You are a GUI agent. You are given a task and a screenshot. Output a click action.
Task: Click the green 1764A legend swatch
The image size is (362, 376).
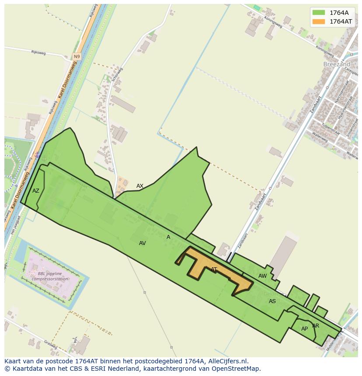pos(319,13)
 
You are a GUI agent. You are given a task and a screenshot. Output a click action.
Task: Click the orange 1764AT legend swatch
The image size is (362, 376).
pos(319,21)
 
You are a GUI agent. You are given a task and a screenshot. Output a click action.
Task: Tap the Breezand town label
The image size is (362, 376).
pos(337,64)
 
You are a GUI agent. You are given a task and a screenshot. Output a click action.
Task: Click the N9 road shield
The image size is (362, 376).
pos(77,57)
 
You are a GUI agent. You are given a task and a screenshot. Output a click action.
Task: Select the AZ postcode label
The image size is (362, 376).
pos(36,191)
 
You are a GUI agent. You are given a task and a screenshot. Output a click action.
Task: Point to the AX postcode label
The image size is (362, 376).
pos(140,186)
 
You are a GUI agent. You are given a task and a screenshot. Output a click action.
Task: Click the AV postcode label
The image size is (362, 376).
pos(142,243)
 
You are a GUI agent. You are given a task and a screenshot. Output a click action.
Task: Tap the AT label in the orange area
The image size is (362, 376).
pos(214,269)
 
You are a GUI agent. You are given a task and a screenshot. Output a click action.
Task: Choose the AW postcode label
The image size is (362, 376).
pos(262,276)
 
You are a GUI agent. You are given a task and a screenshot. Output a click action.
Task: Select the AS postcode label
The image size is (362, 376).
pos(272,301)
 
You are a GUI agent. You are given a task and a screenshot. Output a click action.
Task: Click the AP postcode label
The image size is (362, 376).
pos(304,329)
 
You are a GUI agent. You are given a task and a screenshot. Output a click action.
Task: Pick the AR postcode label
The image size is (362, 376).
pos(316,326)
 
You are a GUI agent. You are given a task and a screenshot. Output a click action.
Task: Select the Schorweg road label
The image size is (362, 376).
pos(118,76)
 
